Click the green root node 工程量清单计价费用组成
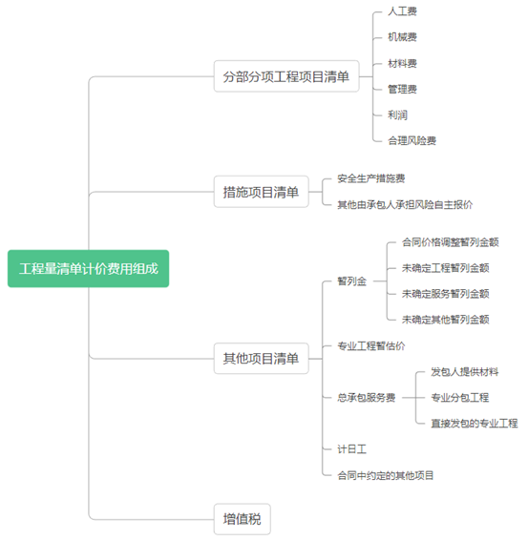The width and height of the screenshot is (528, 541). pos(89,268)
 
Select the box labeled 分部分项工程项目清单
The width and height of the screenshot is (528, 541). pos(286,76)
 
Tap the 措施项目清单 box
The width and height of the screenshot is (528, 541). pos(261,192)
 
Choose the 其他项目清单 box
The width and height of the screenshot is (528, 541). pos(261,358)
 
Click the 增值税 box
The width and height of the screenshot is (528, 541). pos(243,519)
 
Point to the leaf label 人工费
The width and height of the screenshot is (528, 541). pos(402,11)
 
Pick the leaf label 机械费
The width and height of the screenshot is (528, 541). pos(402,37)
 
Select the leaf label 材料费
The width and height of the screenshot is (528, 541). pos(402,63)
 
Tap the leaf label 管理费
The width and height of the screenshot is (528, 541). pos(402,89)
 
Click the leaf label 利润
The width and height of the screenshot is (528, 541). pos(397,114)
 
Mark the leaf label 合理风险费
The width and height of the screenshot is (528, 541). pos(412,140)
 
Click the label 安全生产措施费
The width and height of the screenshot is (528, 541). pos(371,178)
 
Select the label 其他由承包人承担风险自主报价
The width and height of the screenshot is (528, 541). pos(405,204)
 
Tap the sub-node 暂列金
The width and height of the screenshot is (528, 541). pos(352,281)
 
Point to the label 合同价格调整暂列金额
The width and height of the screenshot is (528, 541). pos(451,242)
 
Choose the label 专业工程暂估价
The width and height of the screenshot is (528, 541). pos(371,345)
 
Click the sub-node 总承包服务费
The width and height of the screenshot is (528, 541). pos(367,398)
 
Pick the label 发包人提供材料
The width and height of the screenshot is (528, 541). pos(465,371)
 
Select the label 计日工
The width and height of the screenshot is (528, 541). pos(352,449)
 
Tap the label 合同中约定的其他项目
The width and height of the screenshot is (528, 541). pos(386,475)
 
